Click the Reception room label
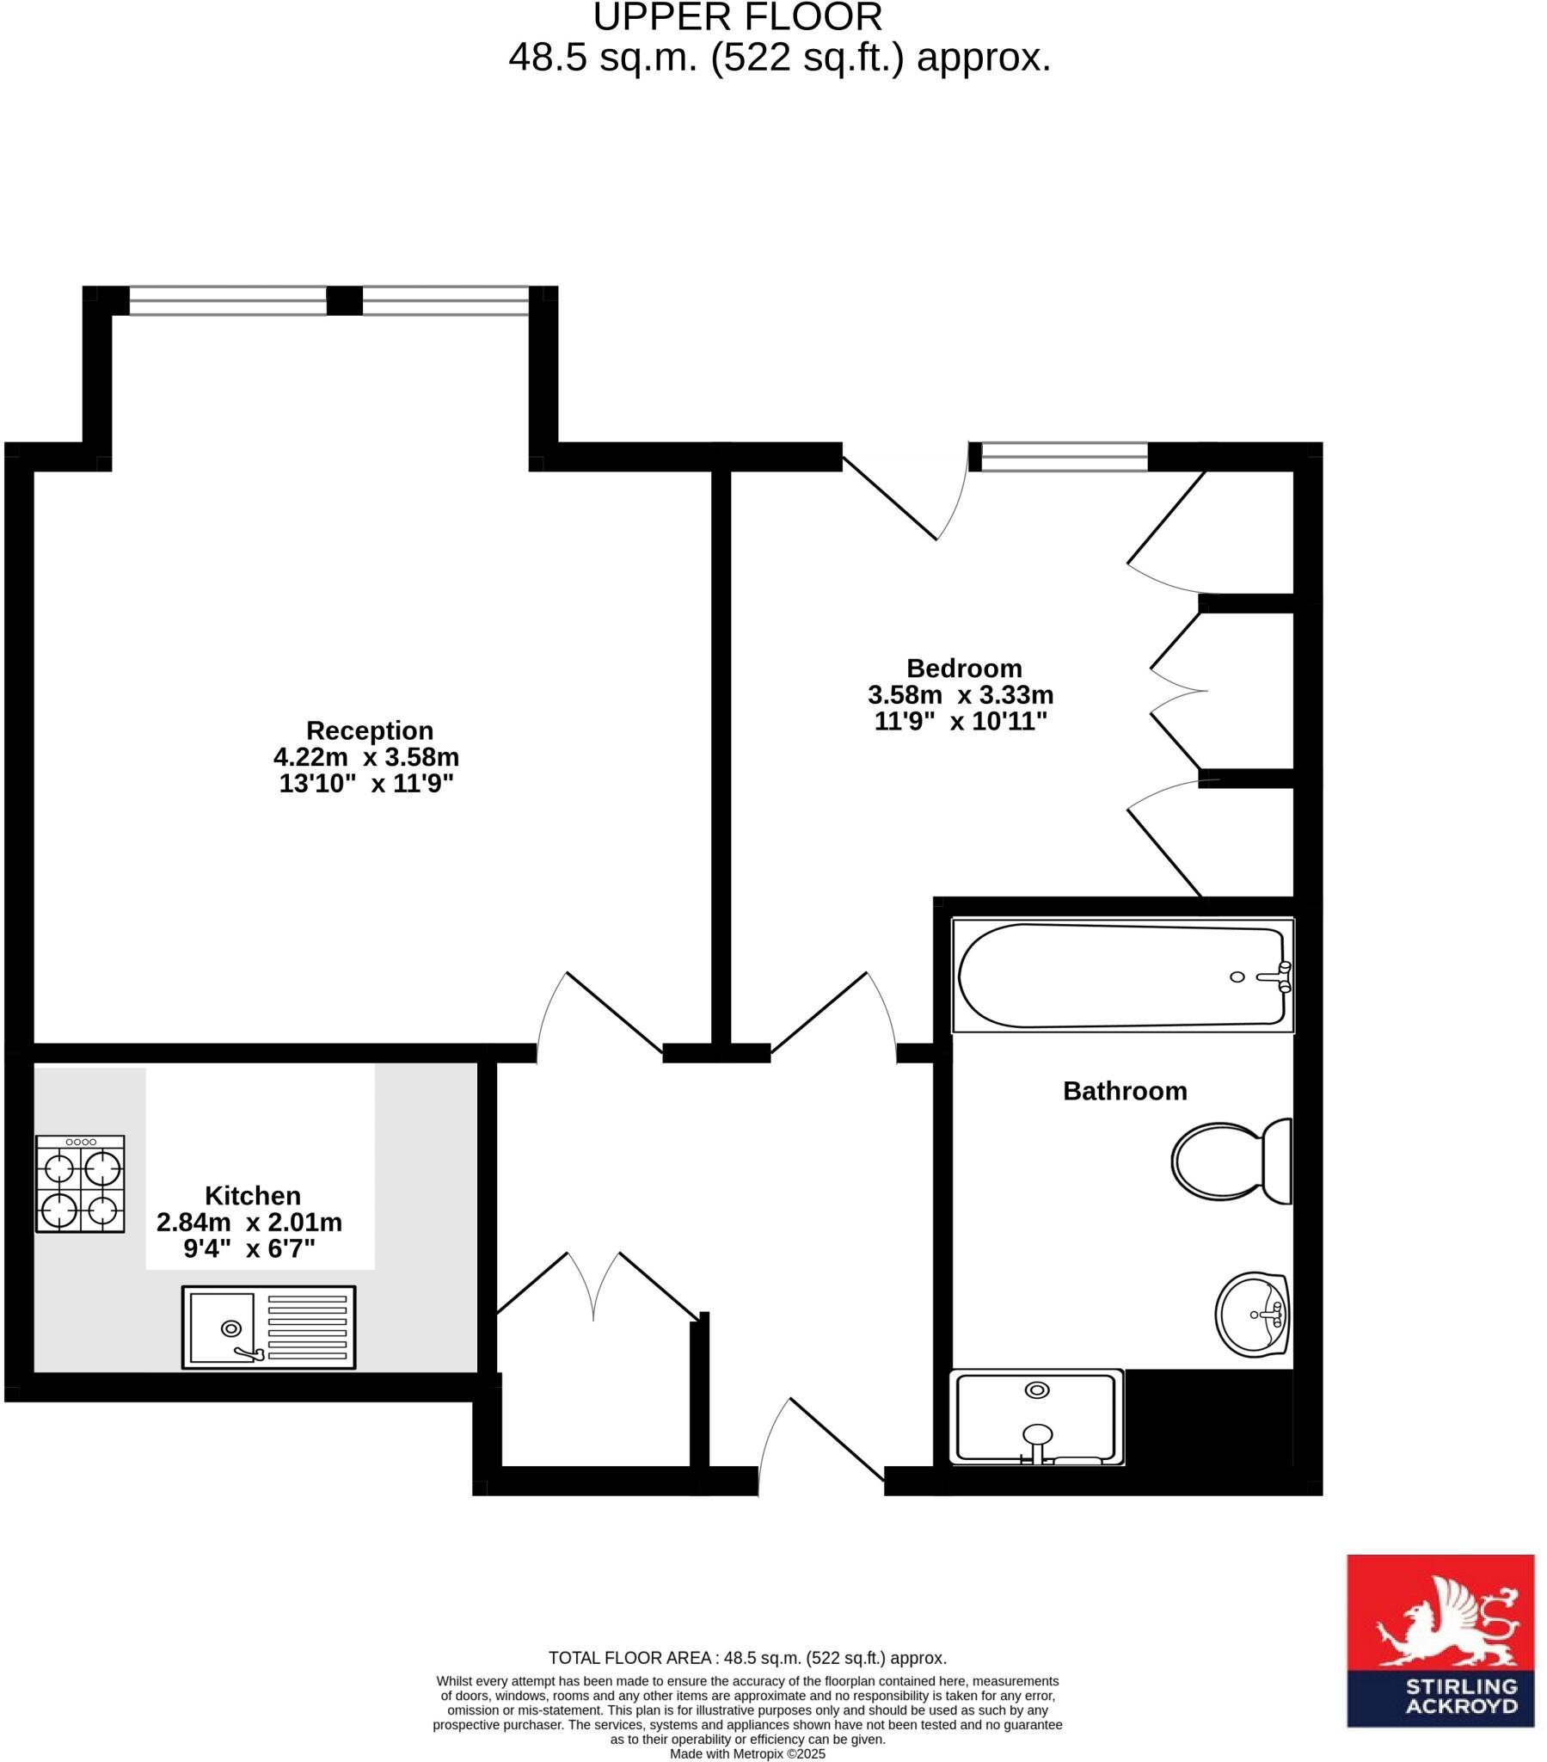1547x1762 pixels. (370, 730)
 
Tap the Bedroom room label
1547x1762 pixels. (963, 668)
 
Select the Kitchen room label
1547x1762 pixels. (253, 1196)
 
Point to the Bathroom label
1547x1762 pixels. (1125, 1090)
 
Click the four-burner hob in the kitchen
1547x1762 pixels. (80, 1184)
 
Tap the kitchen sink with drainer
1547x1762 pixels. (268, 1328)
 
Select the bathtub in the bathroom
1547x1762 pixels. (1122, 975)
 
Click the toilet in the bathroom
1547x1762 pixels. (1231, 1161)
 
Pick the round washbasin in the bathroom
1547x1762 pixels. (1251, 1315)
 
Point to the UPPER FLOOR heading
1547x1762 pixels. (738, 17)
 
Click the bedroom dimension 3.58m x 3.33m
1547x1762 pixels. (960, 695)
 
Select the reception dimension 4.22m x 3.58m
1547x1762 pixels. (366, 757)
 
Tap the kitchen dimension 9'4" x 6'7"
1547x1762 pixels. (249, 1248)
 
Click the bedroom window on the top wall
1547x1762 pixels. (1064, 457)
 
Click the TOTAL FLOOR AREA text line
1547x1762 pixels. (747, 1658)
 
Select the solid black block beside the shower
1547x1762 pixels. (1207, 1418)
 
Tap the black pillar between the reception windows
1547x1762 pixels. (345, 301)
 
